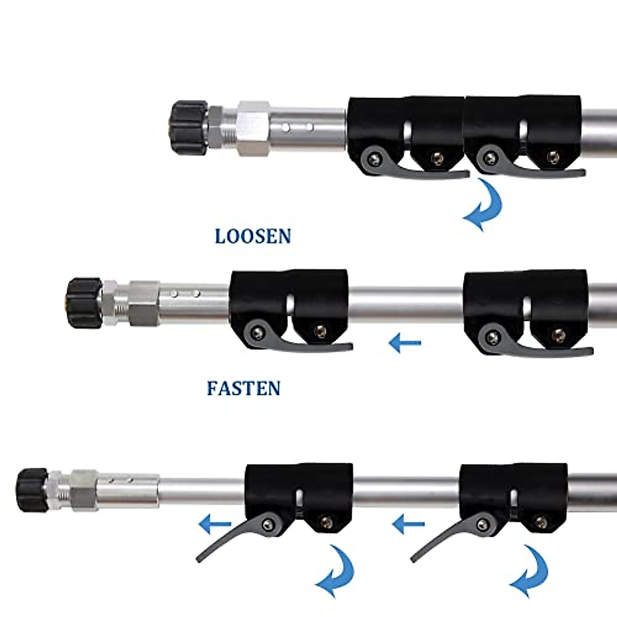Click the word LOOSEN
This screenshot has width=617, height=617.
(x=252, y=237)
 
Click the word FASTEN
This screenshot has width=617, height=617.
(x=244, y=388)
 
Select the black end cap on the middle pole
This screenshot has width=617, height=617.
(x=85, y=300)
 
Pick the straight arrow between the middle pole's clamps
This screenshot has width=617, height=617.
(x=405, y=342)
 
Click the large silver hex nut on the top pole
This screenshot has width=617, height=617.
(x=253, y=126)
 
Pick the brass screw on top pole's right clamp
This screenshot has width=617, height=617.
(x=553, y=156)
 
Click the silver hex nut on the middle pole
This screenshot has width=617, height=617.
(x=144, y=303)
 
